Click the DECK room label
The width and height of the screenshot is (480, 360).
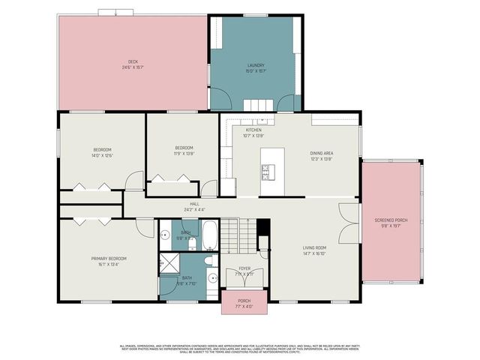pyautogui.click(x=133, y=61)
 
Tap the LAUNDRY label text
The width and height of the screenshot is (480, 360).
pyautogui.click(x=256, y=66)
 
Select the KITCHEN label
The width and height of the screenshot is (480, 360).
pyautogui.click(x=253, y=130)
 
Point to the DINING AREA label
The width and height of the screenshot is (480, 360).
pyautogui.click(x=322, y=153)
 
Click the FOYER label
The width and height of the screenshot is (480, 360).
pyautogui.click(x=244, y=268)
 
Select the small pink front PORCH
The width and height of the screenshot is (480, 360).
pyautogui.click(x=244, y=302)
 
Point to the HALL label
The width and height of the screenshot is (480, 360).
pyautogui.click(x=194, y=203)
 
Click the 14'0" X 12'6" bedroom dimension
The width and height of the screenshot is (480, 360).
pyautogui.click(x=102, y=156)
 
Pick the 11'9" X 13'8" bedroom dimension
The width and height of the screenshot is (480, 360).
pyautogui.click(x=184, y=153)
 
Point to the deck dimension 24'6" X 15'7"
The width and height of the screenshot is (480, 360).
pyautogui.click(x=133, y=67)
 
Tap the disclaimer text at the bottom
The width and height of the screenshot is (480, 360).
pyautogui.click(x=240, y=348)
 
